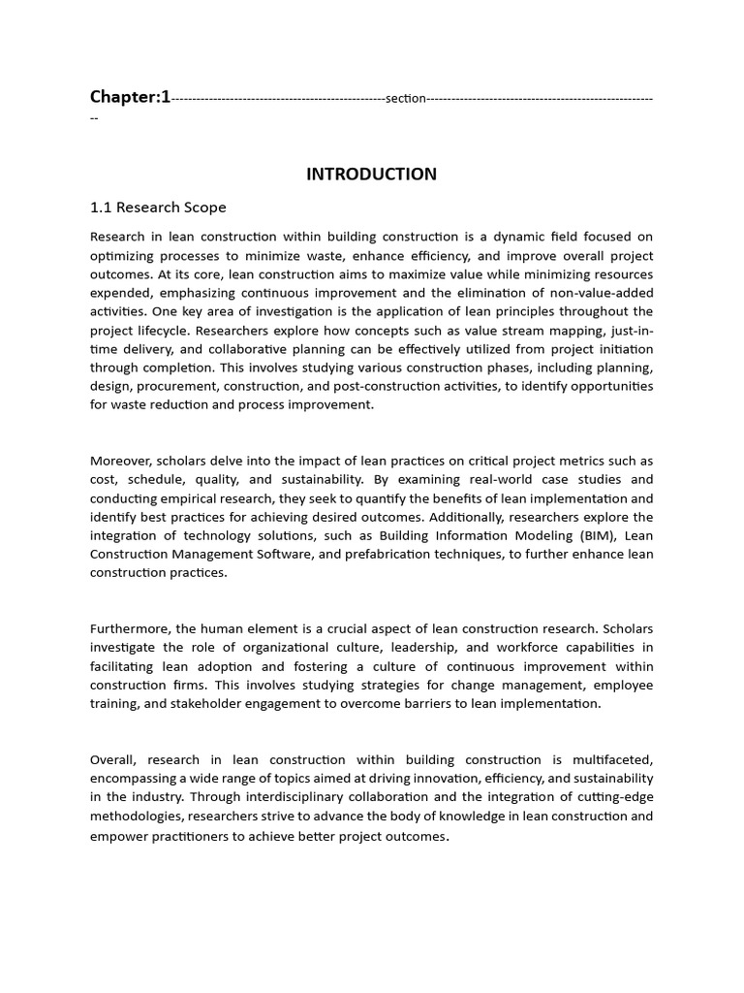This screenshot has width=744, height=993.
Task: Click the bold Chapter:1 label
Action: (x=130, y=96)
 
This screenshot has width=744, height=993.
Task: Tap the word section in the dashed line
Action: (x=405, y=98)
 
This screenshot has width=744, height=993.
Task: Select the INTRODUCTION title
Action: (x=371, y=175)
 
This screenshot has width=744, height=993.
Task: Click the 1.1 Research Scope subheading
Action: (x=158, y=208)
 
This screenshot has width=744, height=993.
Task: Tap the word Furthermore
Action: (x=131, y=628)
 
